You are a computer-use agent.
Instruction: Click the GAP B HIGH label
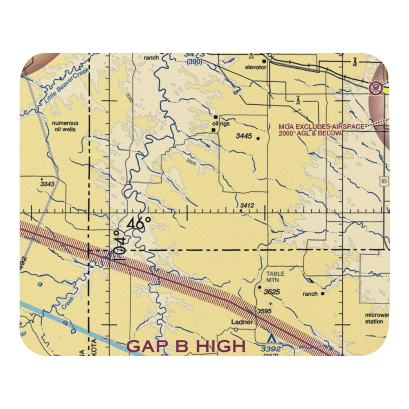[186, 346]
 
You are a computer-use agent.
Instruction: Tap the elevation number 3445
[244, 137]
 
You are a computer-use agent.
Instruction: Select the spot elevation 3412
[247, 205]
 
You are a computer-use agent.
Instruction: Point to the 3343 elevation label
[47, 184]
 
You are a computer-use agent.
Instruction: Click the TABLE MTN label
[275, 277]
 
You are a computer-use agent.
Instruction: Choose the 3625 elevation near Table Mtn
[272, 292]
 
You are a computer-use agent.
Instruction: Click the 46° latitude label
[139, 224]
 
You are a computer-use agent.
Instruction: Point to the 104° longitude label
[119, 246]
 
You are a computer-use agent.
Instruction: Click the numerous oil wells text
[65, 126]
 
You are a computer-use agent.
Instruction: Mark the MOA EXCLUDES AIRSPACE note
[321, 130]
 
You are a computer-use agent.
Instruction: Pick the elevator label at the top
[256, 67]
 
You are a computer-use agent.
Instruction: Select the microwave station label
[375, 318]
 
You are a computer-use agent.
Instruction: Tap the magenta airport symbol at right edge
[375, 88]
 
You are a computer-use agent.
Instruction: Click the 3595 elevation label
[265, 312]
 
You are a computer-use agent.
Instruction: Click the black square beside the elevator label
[264, 62]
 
